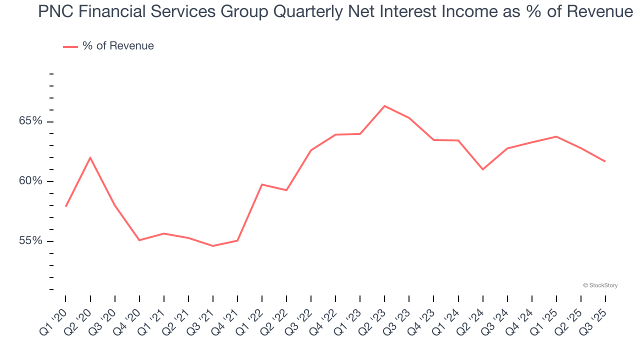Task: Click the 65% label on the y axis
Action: coord(30,121)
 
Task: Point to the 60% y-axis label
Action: coord(30,181)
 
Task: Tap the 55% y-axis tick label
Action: coord(30,241)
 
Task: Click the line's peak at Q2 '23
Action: coord(384,106)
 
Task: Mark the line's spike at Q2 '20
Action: coord(90,157)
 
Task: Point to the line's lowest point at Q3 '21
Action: coord(213,246)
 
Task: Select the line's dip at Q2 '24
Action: coord(482,169)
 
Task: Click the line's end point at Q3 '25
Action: coord(605,161)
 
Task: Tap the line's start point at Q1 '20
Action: coord(65,206)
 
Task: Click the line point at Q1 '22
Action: coord(262,184)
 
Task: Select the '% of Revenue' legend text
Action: coord(118,46)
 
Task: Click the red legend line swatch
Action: coord(70,46)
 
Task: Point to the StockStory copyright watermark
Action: coord(600,285)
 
